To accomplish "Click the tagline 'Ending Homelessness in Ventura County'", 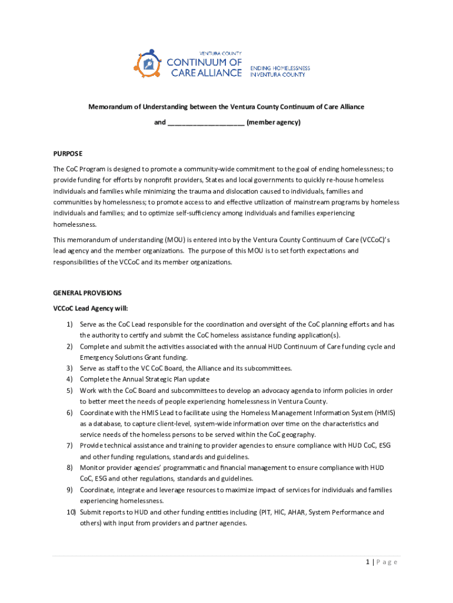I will tap(280, 71).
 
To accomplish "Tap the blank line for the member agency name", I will tap(206, 123).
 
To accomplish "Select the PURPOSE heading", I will tap(68, 153).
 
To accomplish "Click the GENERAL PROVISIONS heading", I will tap(88, 293).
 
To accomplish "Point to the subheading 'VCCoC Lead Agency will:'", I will tap(90, 308).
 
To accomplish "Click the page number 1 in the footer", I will tap(367, 562).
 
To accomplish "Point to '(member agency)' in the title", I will tap(274, 122).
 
